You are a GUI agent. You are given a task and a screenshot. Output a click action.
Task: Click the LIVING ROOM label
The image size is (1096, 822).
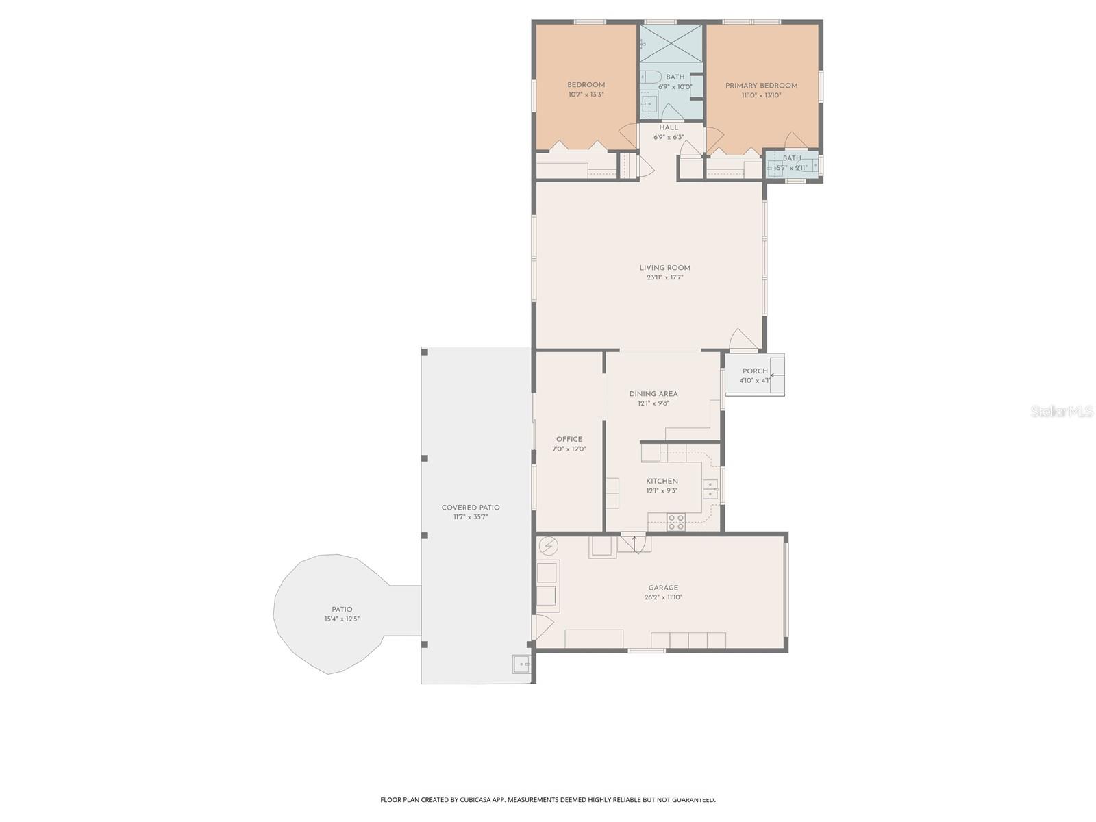pos(664,268)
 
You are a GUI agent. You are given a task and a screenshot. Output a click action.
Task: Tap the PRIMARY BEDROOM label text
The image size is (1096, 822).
pos(761,86)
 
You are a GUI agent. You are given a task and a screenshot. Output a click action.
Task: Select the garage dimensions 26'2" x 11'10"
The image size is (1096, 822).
pos(663,597)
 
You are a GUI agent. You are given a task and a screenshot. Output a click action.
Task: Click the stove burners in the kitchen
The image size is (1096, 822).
pos(676,521)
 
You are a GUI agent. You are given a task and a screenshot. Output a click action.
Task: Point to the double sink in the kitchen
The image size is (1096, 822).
pos(710,489)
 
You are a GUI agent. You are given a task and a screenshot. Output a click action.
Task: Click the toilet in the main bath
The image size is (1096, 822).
pos(650,77)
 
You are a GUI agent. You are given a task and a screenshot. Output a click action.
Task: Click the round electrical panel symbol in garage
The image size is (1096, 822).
pos(548,546)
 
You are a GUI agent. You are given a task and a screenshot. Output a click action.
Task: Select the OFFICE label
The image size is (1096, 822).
pos(569,439)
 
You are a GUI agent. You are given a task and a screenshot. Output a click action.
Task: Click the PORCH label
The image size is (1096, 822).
pos(755,371)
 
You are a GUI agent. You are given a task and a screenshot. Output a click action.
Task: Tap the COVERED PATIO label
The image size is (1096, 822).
pos(470,508)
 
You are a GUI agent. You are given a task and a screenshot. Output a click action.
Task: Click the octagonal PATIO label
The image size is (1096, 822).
pos(342,609)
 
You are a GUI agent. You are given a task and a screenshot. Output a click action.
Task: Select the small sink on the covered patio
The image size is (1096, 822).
pos(521,664)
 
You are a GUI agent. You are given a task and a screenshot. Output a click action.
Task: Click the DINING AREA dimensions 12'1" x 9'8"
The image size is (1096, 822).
pos(653,403)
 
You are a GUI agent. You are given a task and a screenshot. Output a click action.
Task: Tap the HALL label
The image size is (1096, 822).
pos(669,127)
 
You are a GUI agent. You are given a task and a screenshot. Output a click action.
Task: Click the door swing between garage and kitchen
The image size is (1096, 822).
pos(634,543)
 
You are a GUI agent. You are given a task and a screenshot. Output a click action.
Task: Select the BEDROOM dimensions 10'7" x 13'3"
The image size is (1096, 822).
pos(586,95)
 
